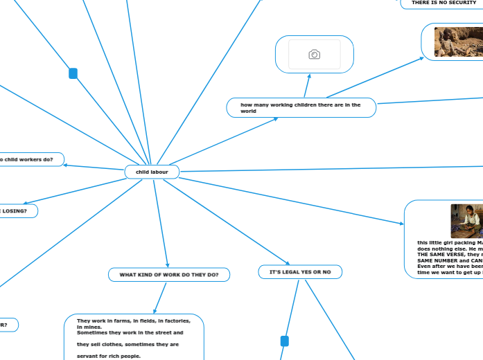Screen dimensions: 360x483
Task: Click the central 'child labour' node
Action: tap(152, 172)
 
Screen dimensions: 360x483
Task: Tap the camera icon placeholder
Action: tap(314, 54)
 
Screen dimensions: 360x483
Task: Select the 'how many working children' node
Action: tap(301, 107)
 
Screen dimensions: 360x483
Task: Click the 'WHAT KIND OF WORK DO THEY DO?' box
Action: tap(169, 275)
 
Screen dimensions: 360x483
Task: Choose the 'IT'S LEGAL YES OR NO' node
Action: tap(300, 273)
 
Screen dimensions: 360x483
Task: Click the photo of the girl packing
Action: tap(466, 220)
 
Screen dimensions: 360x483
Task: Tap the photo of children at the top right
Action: tap(458, 41)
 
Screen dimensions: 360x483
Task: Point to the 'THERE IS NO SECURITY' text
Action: tap(444, 3)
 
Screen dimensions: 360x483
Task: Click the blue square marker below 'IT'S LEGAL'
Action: tap(284, 341)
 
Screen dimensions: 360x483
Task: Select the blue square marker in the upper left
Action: tap(73, 73)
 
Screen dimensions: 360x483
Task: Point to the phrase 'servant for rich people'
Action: tap(109, 356)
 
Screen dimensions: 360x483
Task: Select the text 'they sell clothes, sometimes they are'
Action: tap(128, 344)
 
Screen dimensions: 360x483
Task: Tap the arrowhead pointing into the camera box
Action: tap(308, 75)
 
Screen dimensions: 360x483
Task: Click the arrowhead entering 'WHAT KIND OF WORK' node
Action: tap(168, 265)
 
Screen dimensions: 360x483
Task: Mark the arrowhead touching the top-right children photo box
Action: tap(421, 58)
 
